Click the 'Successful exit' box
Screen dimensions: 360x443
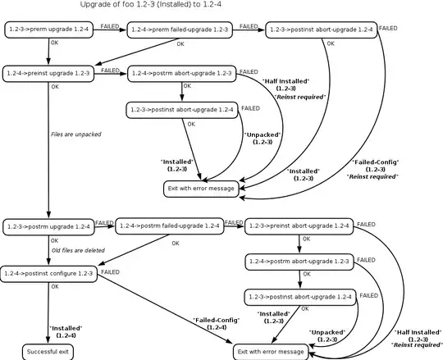pos(48,350)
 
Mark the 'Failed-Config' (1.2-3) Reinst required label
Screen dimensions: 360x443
pos(376,168)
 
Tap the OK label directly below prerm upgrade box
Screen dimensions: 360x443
pos(54,43)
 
